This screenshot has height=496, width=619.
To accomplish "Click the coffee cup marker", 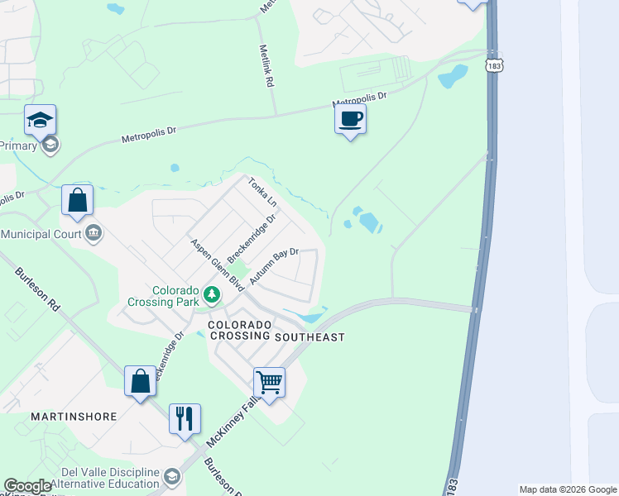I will [x=350, y=119].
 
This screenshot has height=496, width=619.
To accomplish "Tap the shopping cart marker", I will [x=269, y=383].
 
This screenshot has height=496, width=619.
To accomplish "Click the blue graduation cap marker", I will [x=40, y=120].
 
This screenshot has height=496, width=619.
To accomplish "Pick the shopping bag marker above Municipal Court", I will [x=77, y=200].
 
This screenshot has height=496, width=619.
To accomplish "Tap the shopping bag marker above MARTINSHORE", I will [x=140, y=381].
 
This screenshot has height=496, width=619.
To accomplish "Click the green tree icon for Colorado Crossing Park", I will [x=213, y=293].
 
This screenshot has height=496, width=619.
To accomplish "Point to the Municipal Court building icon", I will [x=93, y=234].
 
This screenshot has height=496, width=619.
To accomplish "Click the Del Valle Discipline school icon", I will [x=171, y=476].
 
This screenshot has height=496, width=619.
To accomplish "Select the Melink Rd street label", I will [x=266, y=68].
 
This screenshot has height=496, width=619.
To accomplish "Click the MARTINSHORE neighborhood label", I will [x=73, y=417].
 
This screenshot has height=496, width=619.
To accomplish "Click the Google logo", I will [x=27, y=486].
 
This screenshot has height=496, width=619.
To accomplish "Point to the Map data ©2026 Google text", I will [x=567, y=489].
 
